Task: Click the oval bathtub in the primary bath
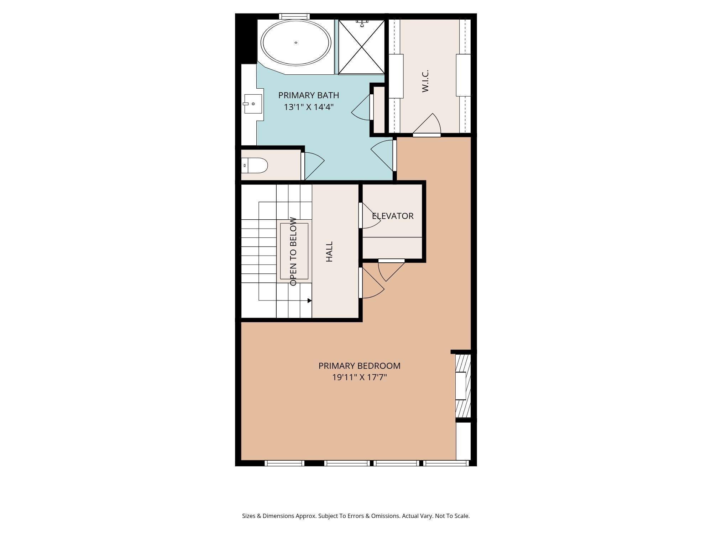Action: (x=296, y=43)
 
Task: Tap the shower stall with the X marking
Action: (x=361, y=47)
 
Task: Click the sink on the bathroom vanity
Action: (x=253, y=104)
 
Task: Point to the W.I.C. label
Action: (x=425, y=81)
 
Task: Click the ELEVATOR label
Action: (x=393, y=216)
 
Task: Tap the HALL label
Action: (x=329, y=252)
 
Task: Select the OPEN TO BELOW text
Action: (x=293, y=252)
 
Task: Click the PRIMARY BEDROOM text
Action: (x=359, y=366)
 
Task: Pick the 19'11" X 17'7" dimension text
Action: (x=359, y=377)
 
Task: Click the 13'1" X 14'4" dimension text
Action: (x=308, y=107)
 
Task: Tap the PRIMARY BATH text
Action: (x=308, y=95)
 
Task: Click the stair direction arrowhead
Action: (x=309, y=301)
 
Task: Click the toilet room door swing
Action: (x=313, y=165)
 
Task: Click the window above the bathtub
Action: (x=294, y=16)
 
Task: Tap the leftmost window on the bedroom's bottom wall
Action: (x=284, y=463)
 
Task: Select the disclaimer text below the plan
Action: (x=356, y=516)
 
